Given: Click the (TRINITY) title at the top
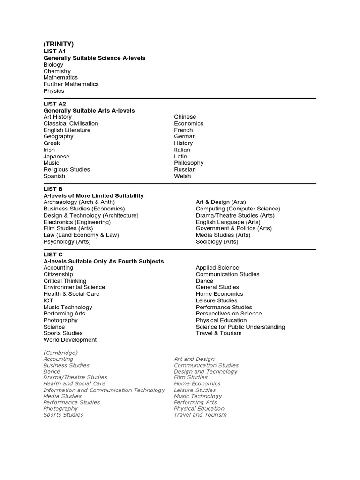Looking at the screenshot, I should tap(59, 44).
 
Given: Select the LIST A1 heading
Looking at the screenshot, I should tap(54, 51).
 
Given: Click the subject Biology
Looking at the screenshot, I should tap(53, 65).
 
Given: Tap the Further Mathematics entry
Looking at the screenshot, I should tap(71, 84).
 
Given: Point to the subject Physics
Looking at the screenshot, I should tap(54, 91).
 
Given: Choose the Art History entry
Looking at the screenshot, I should tap(58, 117).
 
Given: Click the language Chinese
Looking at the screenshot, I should tap(185, 117).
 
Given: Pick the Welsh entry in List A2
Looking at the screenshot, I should tap(182, 176).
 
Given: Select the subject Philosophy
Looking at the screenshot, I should tap(189, 163).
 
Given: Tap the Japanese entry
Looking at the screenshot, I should tap(56, 157).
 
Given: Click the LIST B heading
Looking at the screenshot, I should tap(53, 189).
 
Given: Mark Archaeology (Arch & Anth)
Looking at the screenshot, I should tap(79, 202).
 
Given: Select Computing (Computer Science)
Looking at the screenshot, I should tap(238, 209).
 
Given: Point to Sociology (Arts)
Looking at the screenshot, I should tap(217, 242).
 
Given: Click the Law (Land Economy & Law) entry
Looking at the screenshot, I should tap(81, 235).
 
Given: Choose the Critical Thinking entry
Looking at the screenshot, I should tap(65, 281).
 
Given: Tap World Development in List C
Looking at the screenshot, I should tap(70, 340).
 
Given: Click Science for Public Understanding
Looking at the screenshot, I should tap(240, 327).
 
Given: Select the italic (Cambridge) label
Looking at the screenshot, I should tap(60, 352).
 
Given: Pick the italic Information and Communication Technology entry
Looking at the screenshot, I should tap(104, 390).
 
